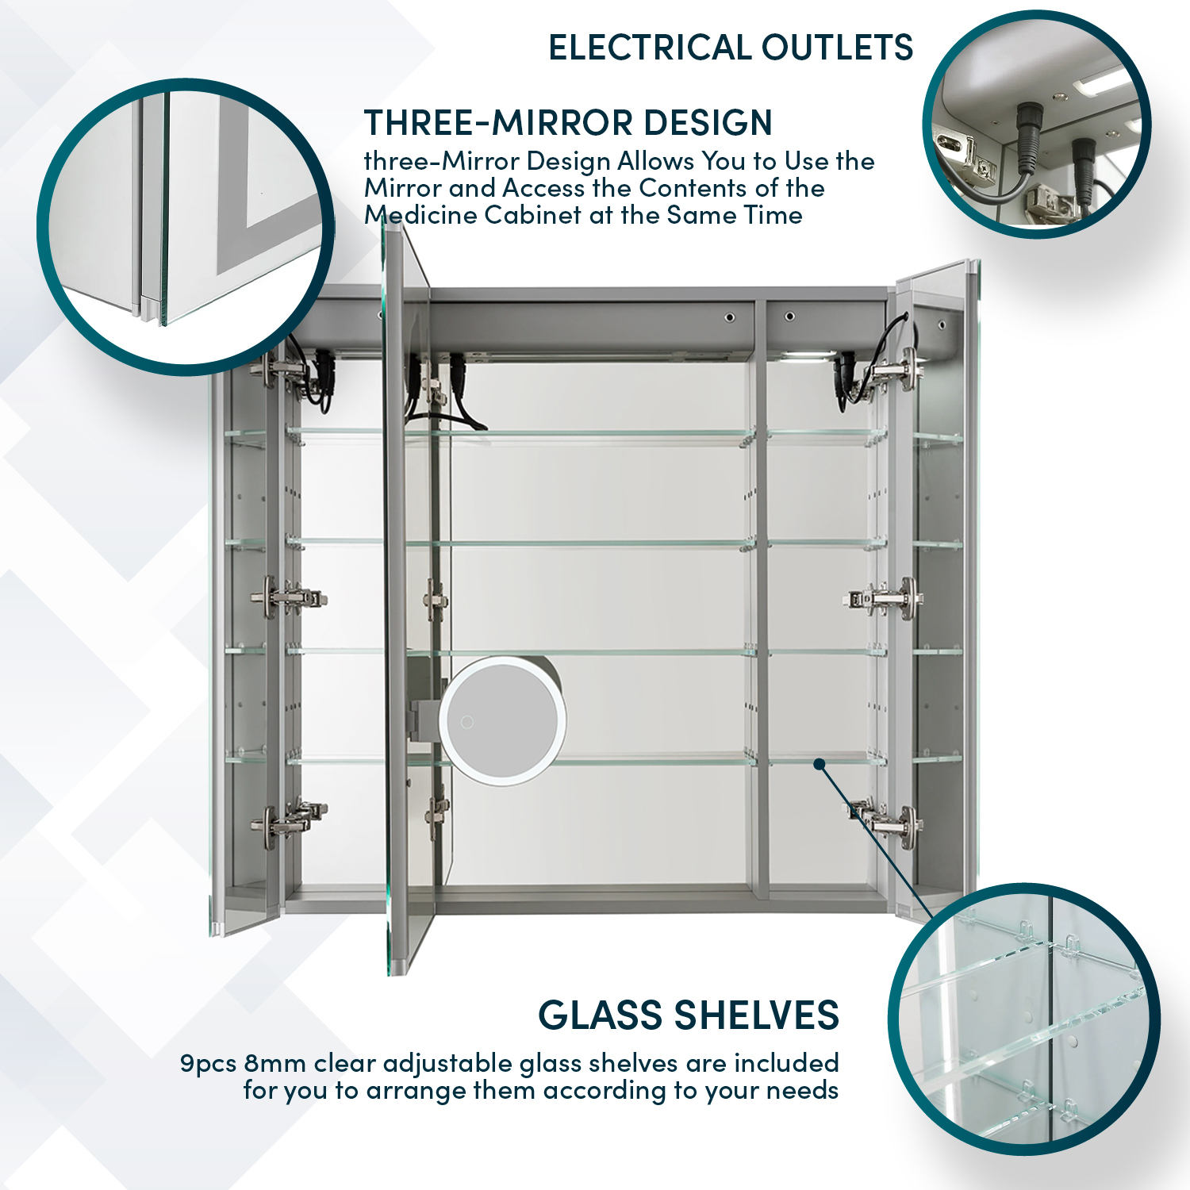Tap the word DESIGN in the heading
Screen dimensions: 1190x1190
point(708,123)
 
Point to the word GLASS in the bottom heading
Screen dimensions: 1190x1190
point(600,1015)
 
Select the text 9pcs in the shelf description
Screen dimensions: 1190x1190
point(208,1063)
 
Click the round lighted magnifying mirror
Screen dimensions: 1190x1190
point(503,721)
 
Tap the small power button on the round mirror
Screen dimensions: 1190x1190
point(467,722)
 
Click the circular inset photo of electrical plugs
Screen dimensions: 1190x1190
point(1036,125)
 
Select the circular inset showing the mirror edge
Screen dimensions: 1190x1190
point(186,226)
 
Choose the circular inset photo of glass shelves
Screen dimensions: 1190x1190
point(1024,1019)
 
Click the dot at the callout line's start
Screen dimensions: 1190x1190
point(820,764)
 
